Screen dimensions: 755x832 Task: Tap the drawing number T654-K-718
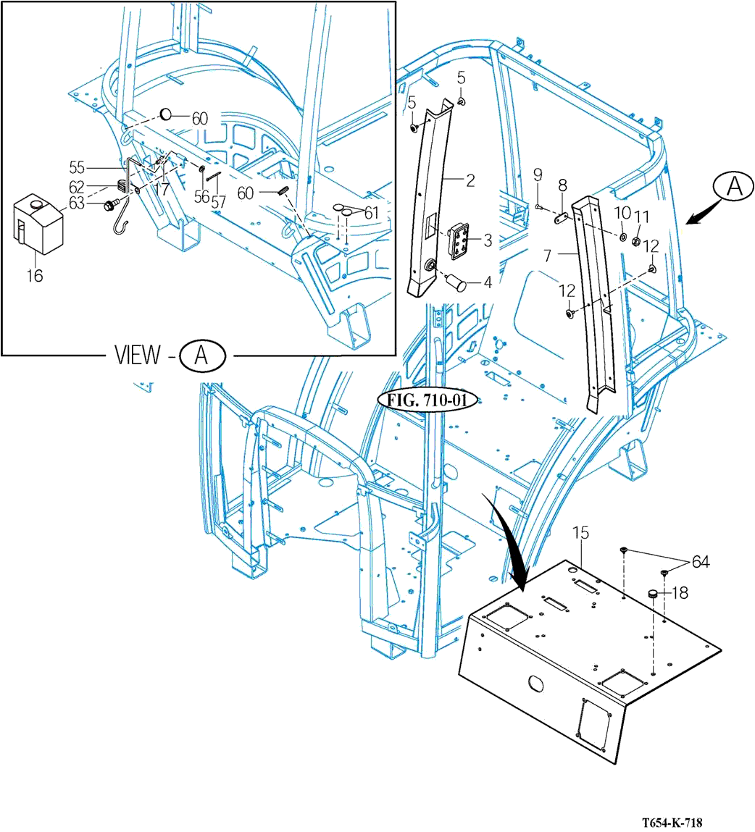coord(671,823)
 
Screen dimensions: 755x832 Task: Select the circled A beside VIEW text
coord(201,355)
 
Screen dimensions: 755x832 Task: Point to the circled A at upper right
coord(734,187)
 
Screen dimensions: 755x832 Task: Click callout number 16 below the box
coord(35,275)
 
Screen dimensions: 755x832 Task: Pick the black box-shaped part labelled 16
coord(38,224)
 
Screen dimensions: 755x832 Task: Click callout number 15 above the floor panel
coord(581,533)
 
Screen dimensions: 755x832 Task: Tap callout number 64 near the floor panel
coord(701,562)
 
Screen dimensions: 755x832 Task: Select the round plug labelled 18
coord(653,594)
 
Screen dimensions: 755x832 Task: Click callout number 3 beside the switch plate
coord(488,240)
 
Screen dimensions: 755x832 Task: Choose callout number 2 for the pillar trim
coord(470,181)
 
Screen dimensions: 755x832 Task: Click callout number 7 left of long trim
coord(548,256)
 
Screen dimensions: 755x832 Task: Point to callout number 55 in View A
coord(77,168)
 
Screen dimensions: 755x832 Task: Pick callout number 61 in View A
coord(371,213)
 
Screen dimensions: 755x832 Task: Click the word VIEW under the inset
coord(138,354)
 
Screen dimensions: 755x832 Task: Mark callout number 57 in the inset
coord(218,202)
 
